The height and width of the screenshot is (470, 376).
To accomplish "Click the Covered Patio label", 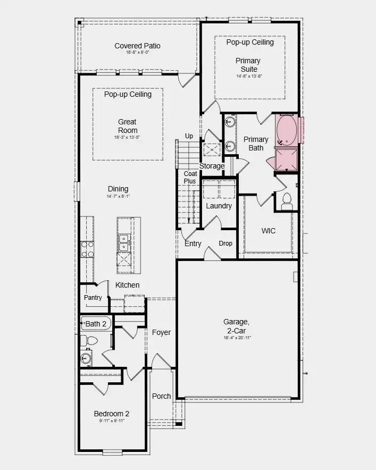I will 137,46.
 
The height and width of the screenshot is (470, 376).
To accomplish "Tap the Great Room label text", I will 128,126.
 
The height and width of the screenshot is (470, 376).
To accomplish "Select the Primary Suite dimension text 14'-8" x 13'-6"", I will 249,77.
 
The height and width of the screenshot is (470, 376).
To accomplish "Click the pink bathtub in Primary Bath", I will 287,131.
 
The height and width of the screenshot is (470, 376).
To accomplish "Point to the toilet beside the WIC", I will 287,200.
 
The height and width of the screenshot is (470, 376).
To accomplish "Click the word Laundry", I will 219,206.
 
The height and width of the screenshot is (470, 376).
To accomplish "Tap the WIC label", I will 269,231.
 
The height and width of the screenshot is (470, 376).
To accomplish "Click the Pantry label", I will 93,298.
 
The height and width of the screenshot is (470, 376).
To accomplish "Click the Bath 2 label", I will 96,324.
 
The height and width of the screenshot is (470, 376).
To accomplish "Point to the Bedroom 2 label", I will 112,414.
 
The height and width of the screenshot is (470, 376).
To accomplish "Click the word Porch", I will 162,396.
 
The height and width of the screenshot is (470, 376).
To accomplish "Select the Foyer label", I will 162,332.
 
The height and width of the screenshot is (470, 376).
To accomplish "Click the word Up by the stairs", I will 189,136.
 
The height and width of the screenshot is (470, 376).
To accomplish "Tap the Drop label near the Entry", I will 225,244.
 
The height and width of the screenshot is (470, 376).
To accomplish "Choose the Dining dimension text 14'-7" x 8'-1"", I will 118,196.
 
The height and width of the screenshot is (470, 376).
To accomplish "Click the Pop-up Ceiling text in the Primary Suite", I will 250,42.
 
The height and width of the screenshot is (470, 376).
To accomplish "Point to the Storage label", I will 212,166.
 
